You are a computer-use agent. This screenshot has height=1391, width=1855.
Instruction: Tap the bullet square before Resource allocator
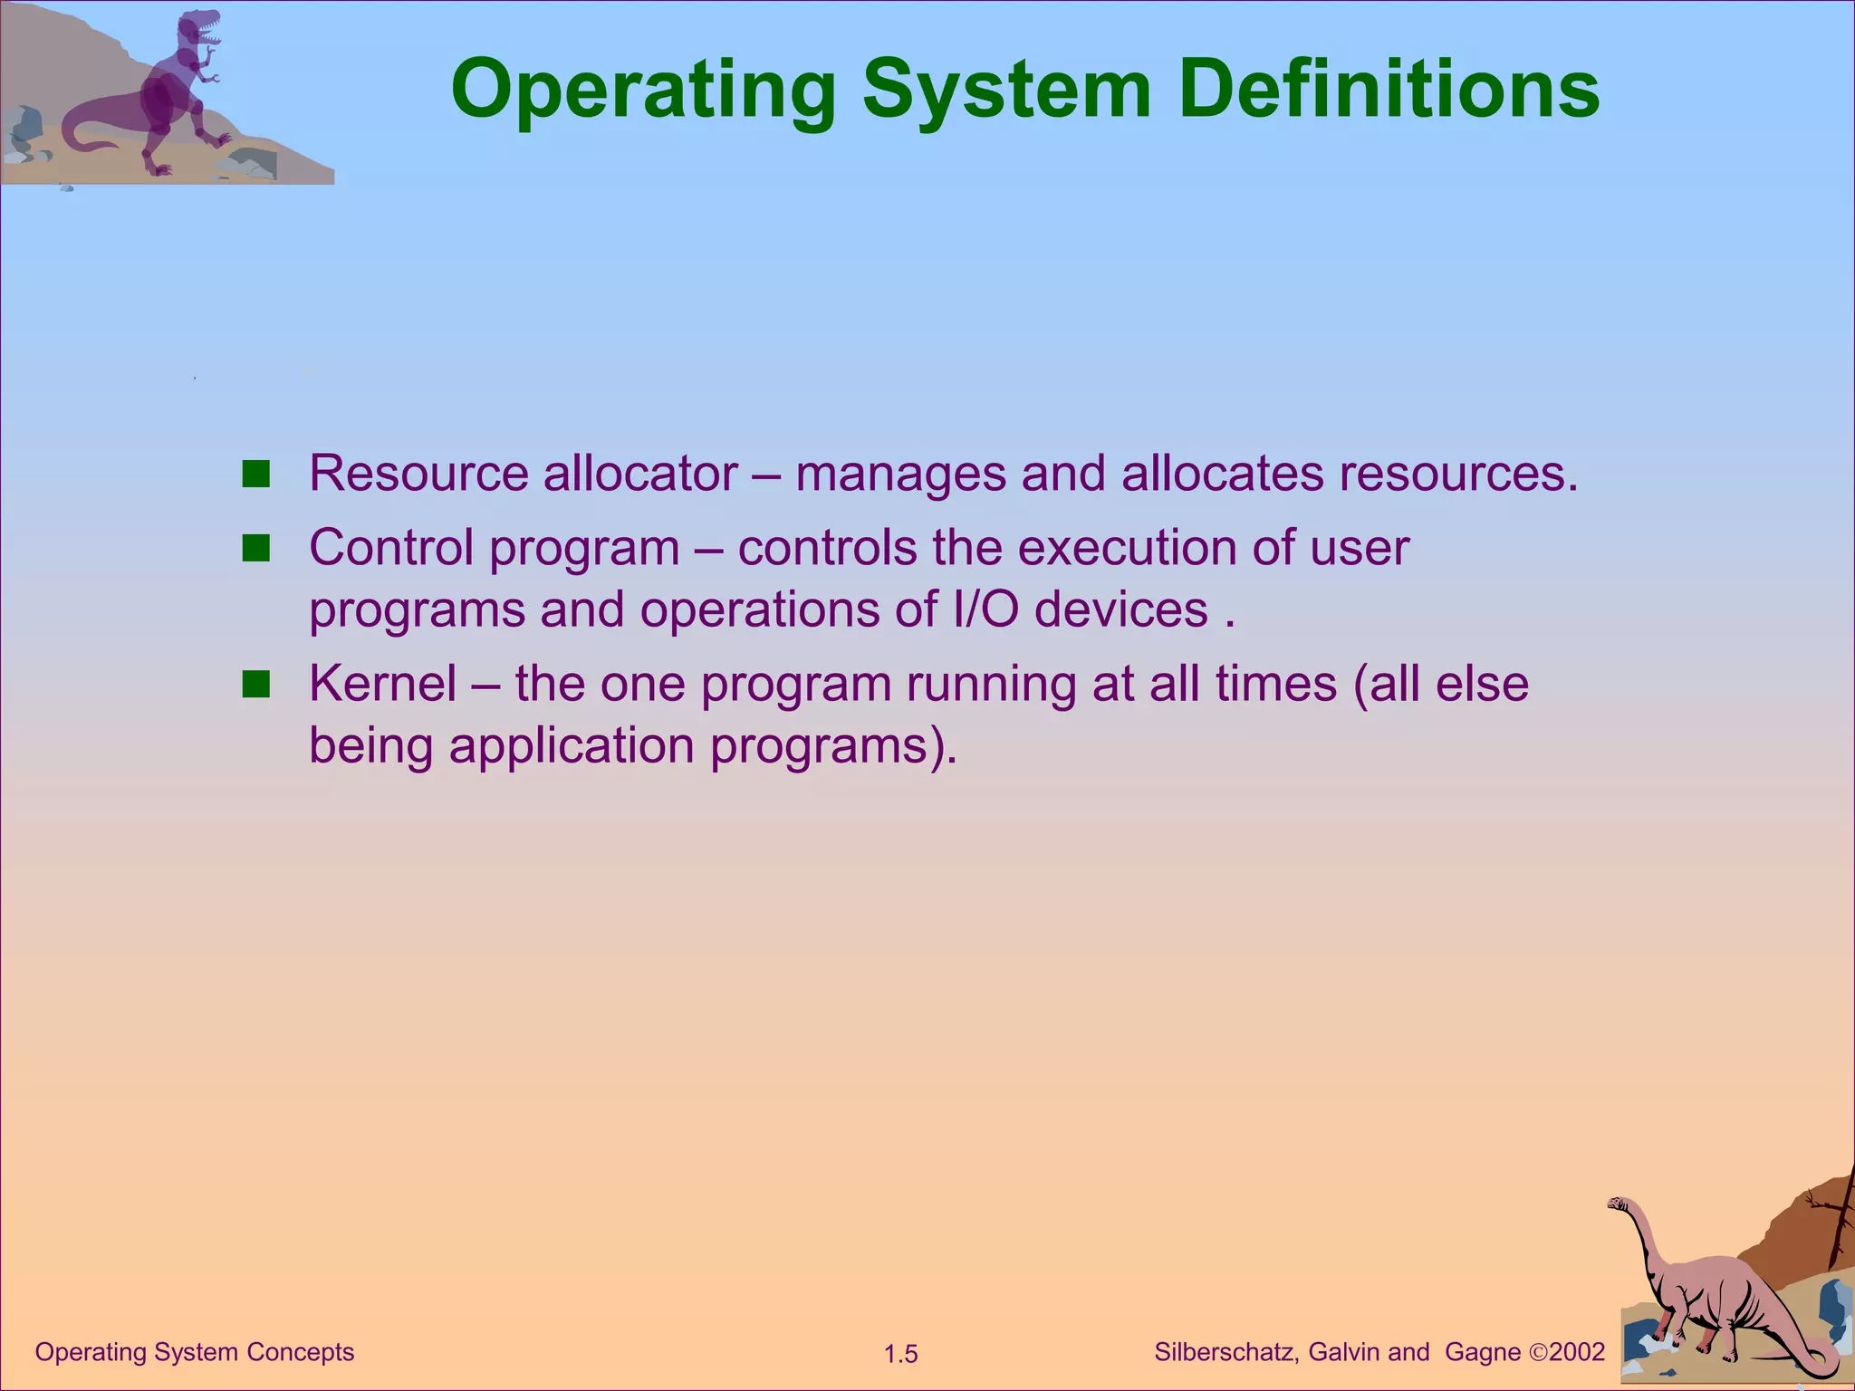coord(256,475)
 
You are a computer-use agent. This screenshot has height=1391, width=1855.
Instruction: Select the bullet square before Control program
coord(256,549)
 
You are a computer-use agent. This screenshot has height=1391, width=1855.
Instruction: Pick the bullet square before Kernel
coord(256,685)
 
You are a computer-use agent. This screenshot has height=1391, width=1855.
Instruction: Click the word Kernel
coord(382,684)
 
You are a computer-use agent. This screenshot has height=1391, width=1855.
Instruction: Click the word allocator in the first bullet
coord(640,474)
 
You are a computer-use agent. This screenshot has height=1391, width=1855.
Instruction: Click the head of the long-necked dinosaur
coord(1618,1204)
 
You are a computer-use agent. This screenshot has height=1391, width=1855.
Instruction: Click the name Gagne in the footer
coord(1483,1353)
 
